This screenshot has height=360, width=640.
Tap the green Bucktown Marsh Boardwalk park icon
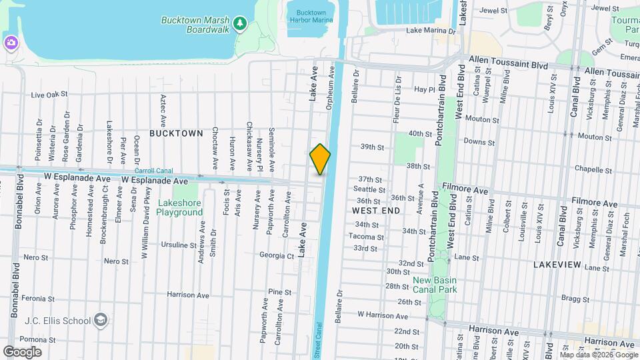240,24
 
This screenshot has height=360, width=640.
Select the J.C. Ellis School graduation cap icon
101,320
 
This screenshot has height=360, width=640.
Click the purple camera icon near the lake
11,43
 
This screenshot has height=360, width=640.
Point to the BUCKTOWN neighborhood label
176,133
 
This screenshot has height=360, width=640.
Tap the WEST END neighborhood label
376,210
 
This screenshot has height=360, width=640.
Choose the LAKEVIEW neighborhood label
558,265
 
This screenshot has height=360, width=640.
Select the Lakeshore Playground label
179,207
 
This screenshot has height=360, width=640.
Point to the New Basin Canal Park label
435,285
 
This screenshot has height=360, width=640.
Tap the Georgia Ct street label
277,255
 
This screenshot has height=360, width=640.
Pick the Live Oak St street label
49,95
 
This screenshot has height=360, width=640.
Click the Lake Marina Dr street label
431,31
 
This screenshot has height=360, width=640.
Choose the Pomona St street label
37,339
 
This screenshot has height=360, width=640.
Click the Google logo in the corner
23,351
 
